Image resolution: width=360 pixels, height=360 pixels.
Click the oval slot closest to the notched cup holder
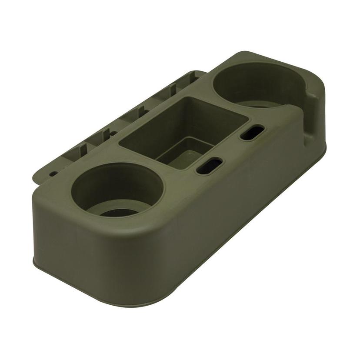pos(252,133)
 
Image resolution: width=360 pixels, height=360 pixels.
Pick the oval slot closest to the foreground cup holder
pos(209,166)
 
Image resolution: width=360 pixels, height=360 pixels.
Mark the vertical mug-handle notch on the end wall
pos(312,113)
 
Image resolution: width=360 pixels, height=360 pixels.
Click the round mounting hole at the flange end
pos(53,173)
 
